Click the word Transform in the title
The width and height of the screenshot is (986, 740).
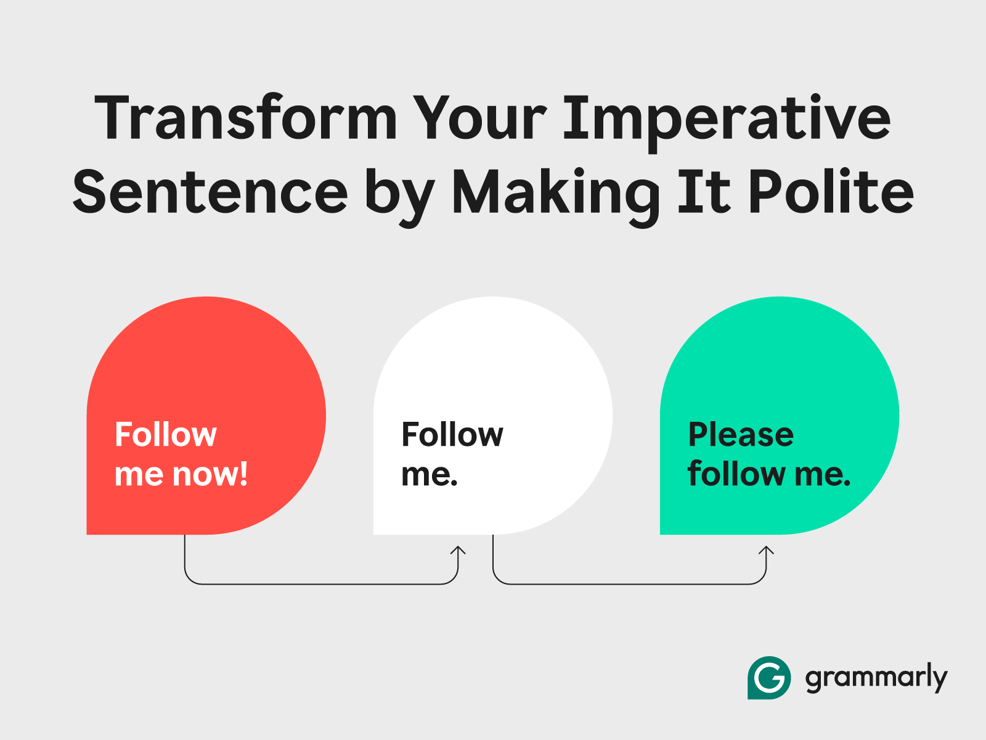click(x=246, y=118)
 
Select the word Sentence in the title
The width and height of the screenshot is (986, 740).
click(x=210, y=192)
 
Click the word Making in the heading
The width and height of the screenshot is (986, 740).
click(x=556, y=197)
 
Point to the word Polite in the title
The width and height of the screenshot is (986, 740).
click(x=831, y=191)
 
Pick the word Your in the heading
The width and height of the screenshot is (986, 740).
click(x=480, y=118)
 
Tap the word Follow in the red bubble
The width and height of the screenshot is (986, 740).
click(x=166, y=434)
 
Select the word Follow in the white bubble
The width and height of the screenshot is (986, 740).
click(x=452, y=434)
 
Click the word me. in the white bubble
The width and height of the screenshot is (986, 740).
click(x=430, y=475)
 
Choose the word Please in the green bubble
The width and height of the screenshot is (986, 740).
click(x=741, y=434)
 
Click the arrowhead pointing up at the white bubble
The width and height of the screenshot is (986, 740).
click(x=458, y=551)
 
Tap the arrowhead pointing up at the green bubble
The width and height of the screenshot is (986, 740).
click(x=766, y=551)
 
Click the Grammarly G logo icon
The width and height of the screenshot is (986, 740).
click(x=769, y=678)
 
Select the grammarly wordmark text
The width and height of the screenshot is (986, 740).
click(x=876, y=678)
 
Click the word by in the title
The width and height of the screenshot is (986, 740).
click(x=400, y=197)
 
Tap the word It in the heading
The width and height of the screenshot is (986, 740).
click(x=704, y=191)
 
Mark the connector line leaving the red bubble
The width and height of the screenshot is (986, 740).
click(x=321, y=584)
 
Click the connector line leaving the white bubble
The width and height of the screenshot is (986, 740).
click(x=629, y=584)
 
